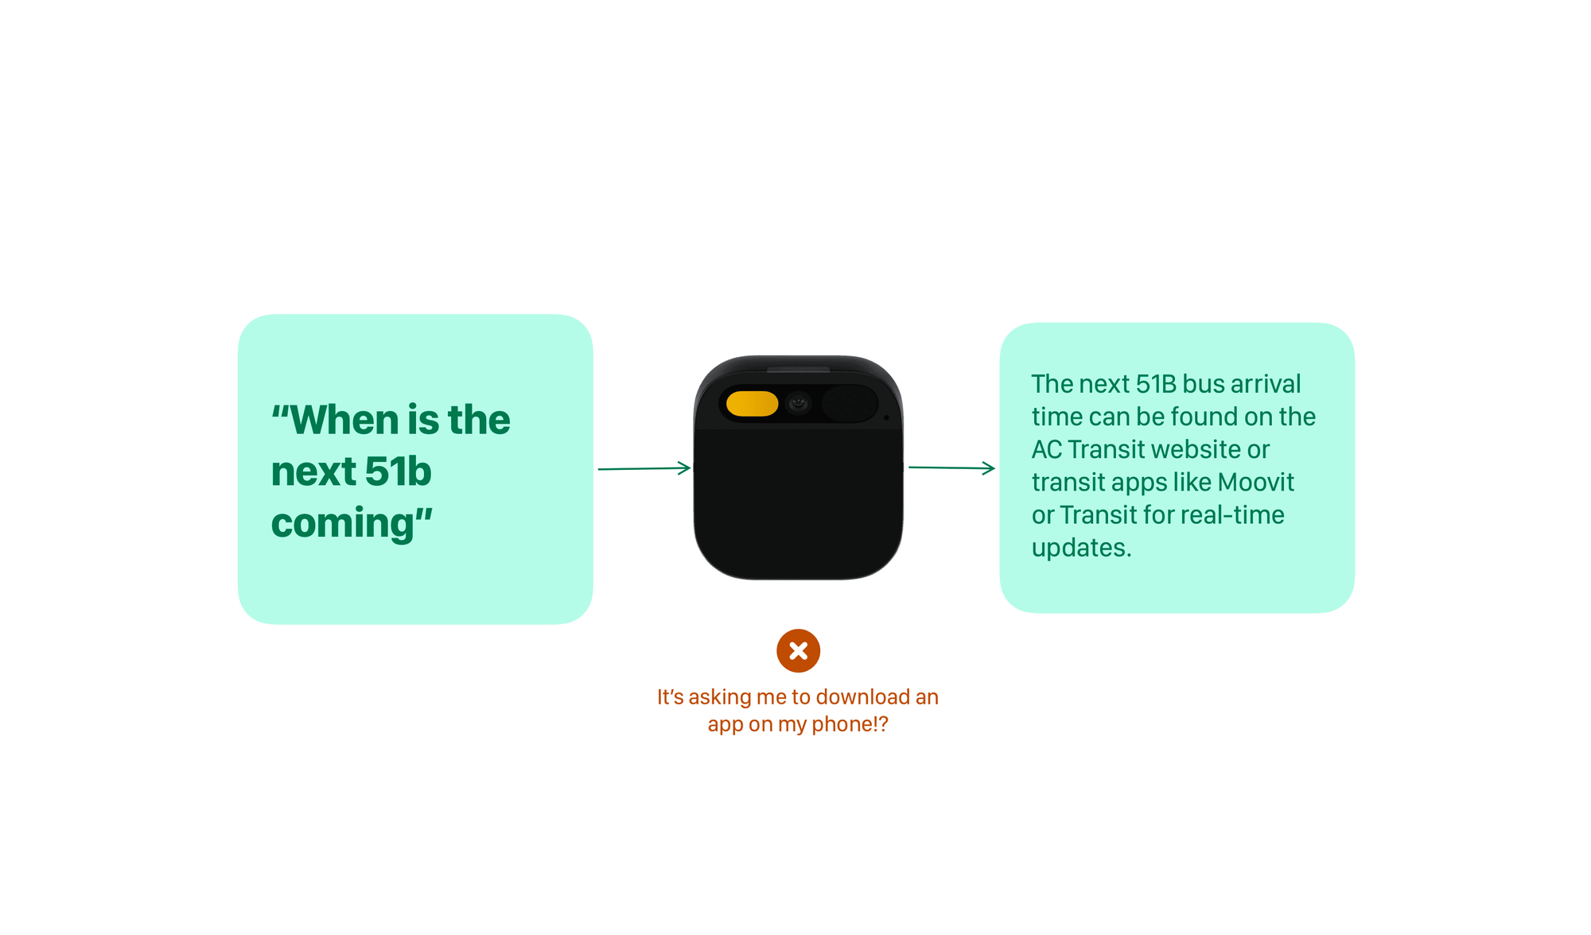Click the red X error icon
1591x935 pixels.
pyautogui.click(x=798, y=650)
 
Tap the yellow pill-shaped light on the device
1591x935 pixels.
pyautogui.click(x=752, y=403)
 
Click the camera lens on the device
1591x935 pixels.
pyautogui.click(x=799, y=404)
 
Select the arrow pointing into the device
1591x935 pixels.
pyautogui.click(x=644, y=468)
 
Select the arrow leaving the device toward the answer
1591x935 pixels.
pyautogui.click(x=951, y=467)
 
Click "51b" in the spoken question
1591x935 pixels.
pyautogui.click(x=398, y=471)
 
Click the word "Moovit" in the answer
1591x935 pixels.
pyautogui.click(x=1255, y=482)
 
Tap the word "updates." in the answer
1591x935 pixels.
pyautogui.click(x=1082, y=548)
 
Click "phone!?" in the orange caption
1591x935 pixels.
pyautogui.click(x=850, y=724)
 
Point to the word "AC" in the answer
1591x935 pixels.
pyautogui.click(x=1047, y=449)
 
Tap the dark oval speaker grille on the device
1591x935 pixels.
pyautogui.click(x=849, y=403)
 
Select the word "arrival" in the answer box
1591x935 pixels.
pyautogui.click(x=1266, y=384)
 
